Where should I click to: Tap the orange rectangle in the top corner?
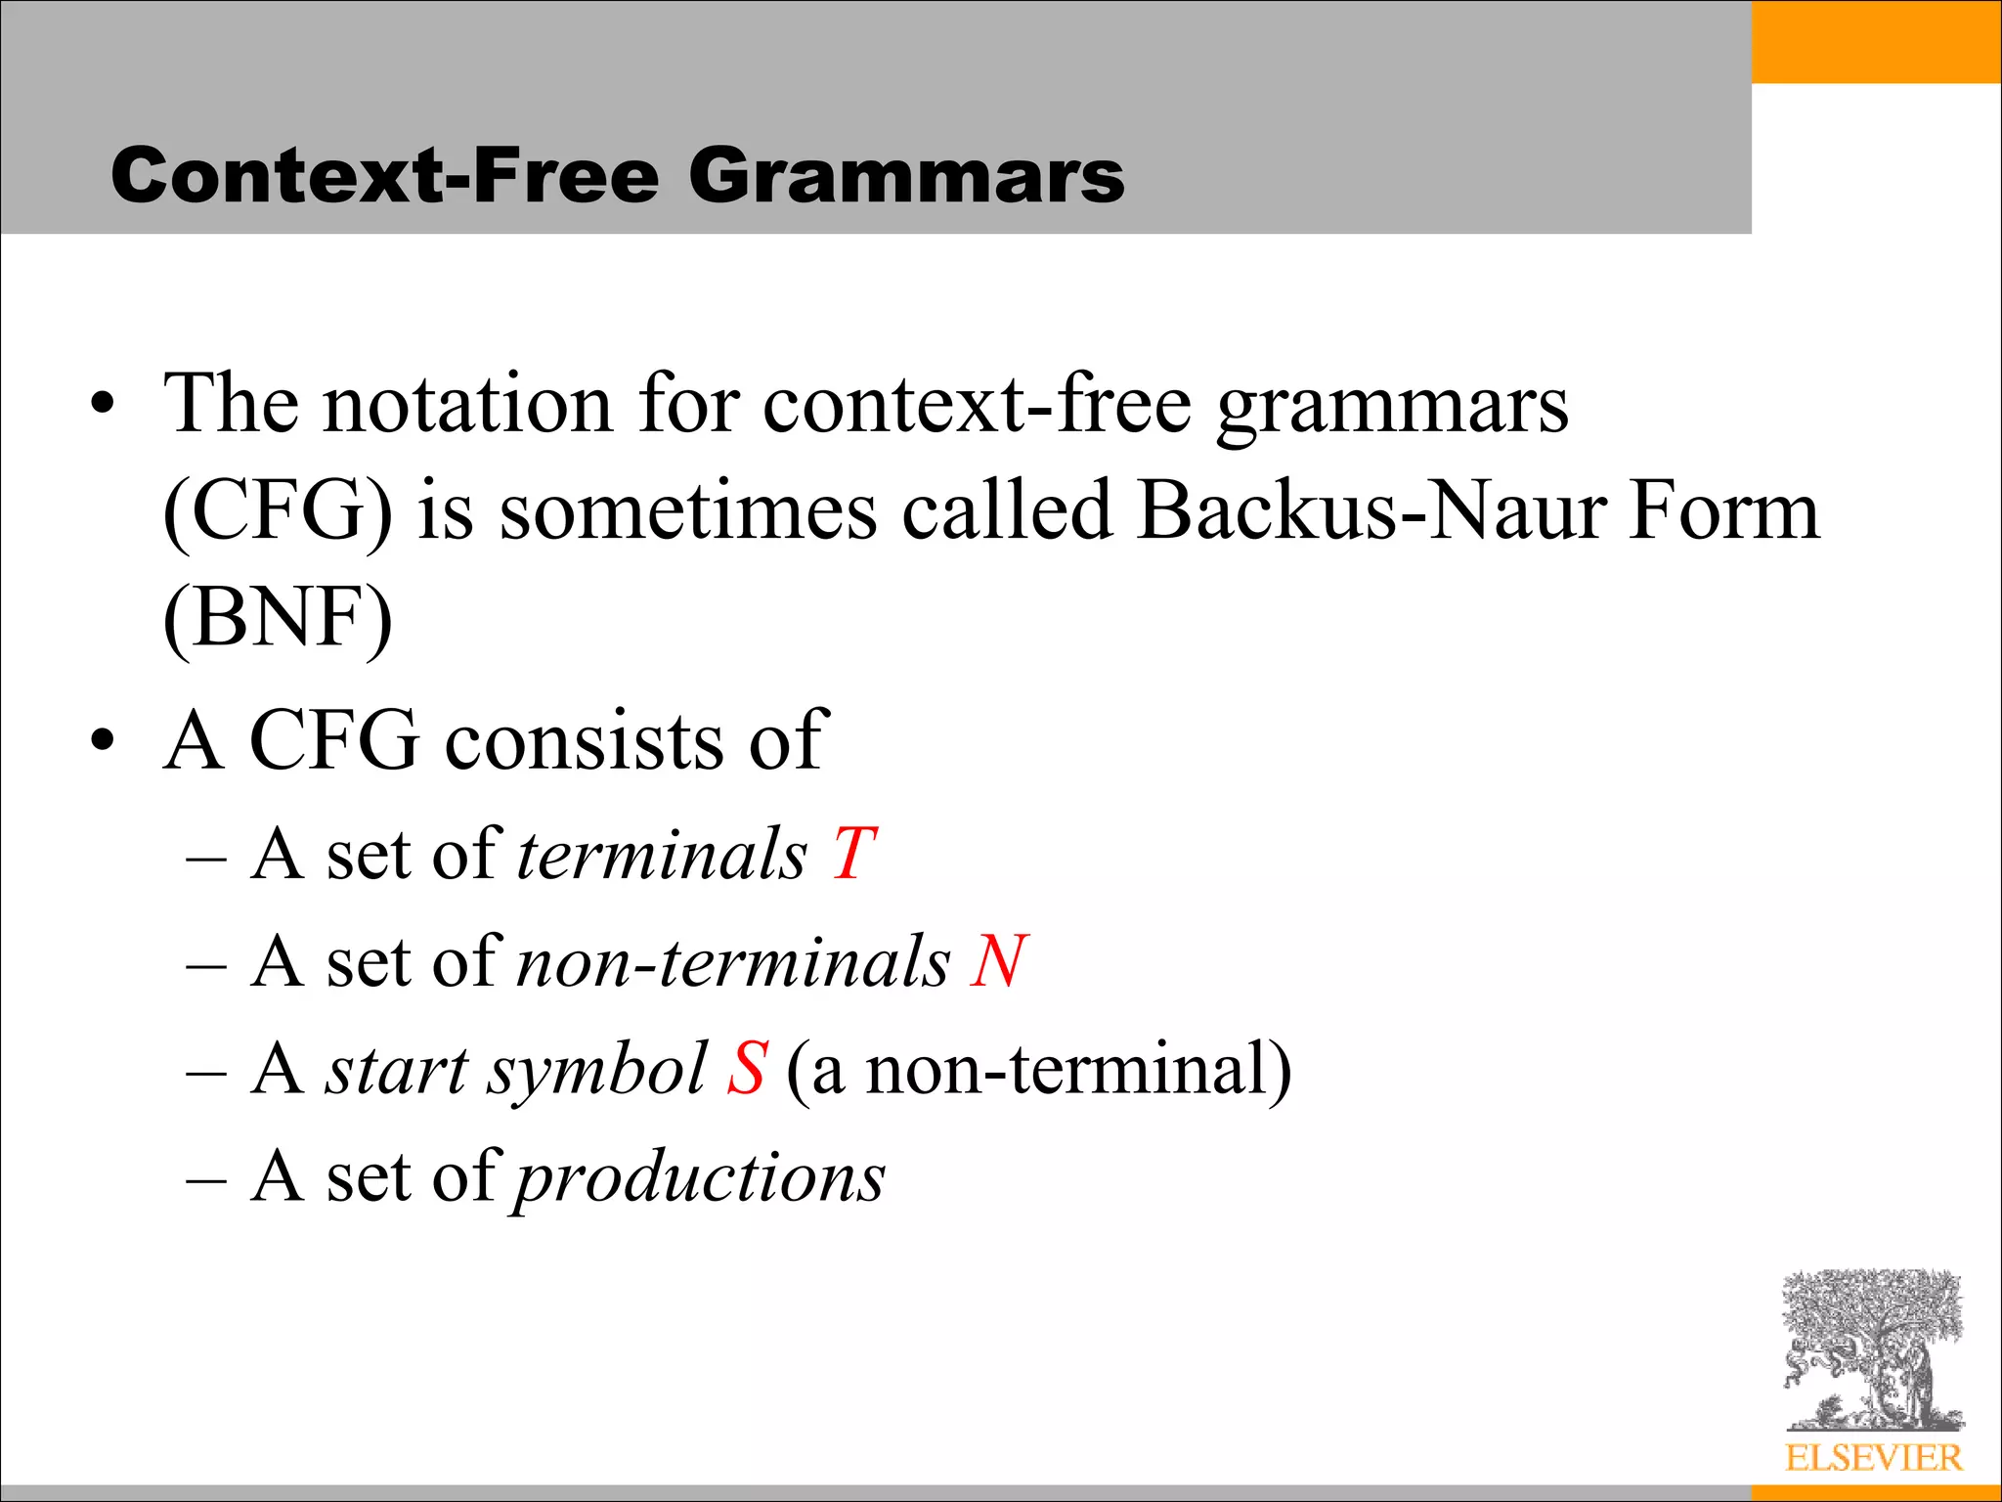[1876, 42]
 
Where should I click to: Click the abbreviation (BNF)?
[278, 619]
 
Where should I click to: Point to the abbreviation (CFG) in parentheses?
[278, 512]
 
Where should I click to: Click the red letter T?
[853, 855]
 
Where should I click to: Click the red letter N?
[997, 962]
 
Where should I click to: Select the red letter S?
[746, 1069]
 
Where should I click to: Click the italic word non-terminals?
[733, 962]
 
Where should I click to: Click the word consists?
[585, 741]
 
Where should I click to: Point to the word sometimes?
[688, 512]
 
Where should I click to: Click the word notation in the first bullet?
[467, 405]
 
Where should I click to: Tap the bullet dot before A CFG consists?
[102, 740]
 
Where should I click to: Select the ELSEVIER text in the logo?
[1873, 1458]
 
